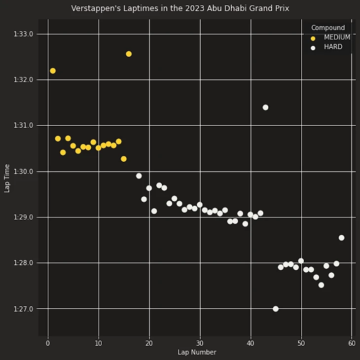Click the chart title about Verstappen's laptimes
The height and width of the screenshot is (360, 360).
180,8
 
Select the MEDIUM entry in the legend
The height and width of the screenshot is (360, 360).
337,37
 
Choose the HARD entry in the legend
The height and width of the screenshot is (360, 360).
333,47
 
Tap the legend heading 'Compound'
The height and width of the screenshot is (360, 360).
328,28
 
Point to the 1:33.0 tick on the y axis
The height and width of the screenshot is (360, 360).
23,34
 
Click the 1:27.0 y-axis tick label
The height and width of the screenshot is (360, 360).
23,309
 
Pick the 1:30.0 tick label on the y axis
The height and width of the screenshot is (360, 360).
23,172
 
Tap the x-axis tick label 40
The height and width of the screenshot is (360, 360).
251,343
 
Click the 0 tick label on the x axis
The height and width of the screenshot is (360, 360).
48,343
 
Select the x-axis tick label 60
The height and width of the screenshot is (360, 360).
352,343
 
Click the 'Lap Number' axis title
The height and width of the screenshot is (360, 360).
197,352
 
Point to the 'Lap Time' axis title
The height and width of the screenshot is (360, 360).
7,178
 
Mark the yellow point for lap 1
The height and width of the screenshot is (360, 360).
53,71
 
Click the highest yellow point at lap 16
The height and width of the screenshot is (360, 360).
129,54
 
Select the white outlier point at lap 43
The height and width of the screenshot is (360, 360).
265,107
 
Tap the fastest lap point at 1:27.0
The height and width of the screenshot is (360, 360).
276,309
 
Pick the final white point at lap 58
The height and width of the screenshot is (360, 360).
341,238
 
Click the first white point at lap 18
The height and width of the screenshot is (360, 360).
139,176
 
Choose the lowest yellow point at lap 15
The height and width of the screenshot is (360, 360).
124,159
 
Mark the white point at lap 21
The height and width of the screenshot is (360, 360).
154,211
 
